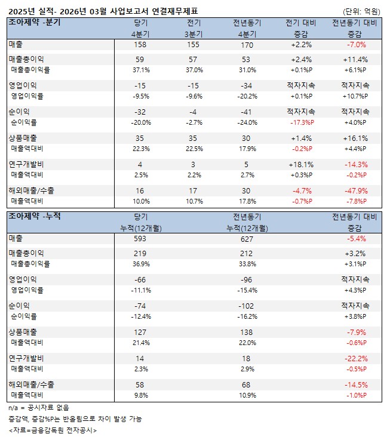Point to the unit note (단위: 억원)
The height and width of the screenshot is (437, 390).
coord(361,11)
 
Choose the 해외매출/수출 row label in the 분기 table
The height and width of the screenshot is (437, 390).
coord(31,190)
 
